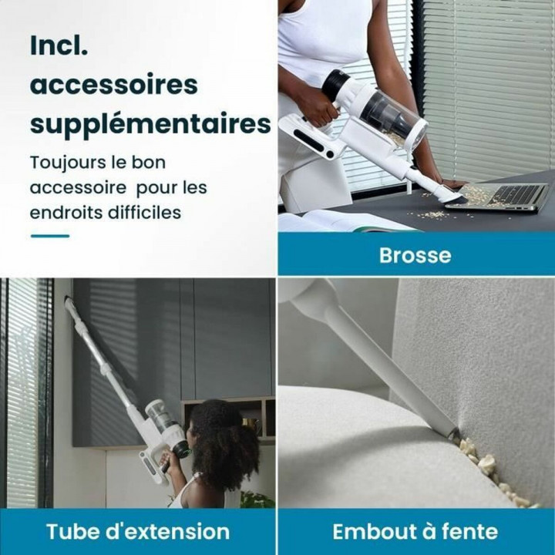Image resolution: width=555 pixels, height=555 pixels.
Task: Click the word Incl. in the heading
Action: coord(59,45)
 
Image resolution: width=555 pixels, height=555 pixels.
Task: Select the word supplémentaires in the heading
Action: coord(150,123)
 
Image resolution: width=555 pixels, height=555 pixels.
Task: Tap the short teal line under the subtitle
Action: coord(49,236)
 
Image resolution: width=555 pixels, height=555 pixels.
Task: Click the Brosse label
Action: coord(415,255)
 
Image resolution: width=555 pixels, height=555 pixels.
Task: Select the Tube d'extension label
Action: coord(138,531)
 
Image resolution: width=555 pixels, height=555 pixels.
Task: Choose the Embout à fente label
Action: coord(415,531)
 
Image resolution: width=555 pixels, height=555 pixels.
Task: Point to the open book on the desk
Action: coord(339,222)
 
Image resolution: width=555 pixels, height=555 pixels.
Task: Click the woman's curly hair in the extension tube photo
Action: coord(224,439)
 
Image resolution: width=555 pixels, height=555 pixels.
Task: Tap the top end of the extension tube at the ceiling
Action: coord(70,304)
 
